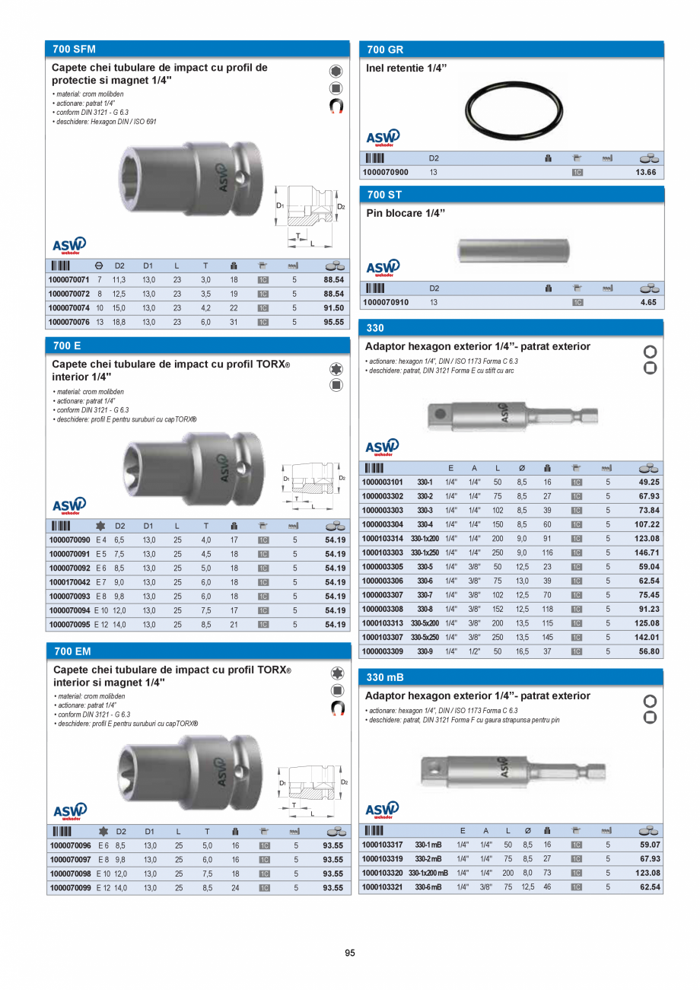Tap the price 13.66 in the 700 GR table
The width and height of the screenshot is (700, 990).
point(645,173)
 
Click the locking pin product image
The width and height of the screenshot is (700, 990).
point(514,250)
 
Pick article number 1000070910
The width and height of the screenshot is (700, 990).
point(385,302)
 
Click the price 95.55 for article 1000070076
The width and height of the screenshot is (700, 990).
point(333,322)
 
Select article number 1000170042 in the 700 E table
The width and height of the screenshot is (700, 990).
point(69,582)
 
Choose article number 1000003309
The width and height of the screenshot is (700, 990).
point(383,651)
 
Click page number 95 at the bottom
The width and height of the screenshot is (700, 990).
point(350,953)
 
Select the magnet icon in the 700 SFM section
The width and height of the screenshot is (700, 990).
point(336,107)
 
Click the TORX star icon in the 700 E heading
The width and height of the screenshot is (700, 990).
point(336,369)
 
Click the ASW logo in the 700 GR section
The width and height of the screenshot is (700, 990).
point(383,138)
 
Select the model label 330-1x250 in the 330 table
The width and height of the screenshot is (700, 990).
point(425,552)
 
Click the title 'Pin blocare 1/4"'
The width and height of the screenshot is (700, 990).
point(404,213)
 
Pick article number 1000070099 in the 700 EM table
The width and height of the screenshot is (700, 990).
point(70,887)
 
